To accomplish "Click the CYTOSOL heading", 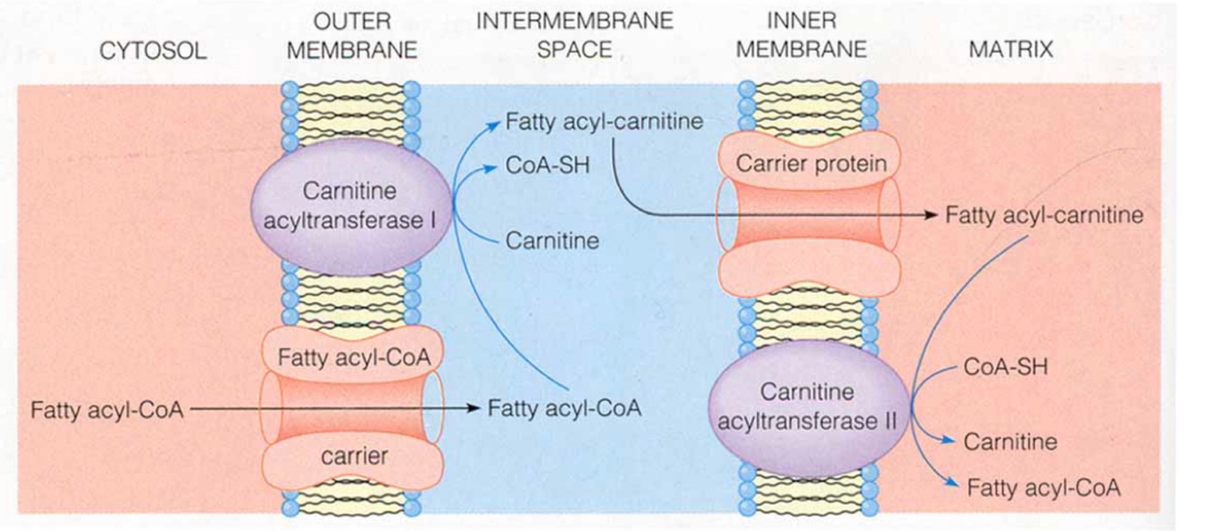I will pyautogui.click(x=153, y=49).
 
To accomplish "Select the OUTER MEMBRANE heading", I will pyautogui.click(x=351, y=35).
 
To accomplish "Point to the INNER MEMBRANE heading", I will pyautogui.click(x=801, y=34).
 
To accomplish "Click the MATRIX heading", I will pyautogui.click(x=1010, y=49).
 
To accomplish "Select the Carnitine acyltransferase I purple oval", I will pyautogui.click(x=351, y=207).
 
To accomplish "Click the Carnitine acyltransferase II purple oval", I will pyautogui.click(x=807, y=406).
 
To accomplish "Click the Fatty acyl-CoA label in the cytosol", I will pyautogui.click(x=107, y=409).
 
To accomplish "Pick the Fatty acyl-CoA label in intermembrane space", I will pyautogui.click(x=565, y=408).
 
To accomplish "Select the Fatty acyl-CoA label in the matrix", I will pyautogui.click(x=1043, y=487).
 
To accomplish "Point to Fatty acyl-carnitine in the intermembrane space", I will pyautogui.click(x=605, y=122).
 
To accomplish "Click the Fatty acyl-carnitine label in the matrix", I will pyautogui.click(x=1044, y=216).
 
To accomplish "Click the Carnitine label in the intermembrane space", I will pyautogui.click(x=552, y=241).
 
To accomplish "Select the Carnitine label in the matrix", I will pyautogui.click(x=1010, y=442).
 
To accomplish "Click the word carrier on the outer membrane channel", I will pyautogui.click(x=353, y=457).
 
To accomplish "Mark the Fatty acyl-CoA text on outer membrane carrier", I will pyautogui.click(x=354, y=357).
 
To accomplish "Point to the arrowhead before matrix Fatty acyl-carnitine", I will pyautogui.click(x=930, y=216).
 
